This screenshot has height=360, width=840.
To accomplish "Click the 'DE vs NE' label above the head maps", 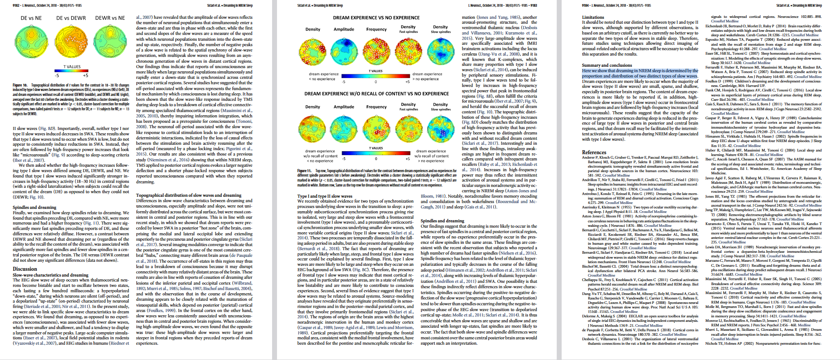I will (x=31, y=18).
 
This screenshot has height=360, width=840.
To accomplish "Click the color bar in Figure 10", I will (x=72, y=71).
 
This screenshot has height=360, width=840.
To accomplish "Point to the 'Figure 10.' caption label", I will (x=20, y=85).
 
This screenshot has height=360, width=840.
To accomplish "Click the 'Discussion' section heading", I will (x=25, y=269).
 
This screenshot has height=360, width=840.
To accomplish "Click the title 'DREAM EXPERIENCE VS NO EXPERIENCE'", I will (x=376, y=18).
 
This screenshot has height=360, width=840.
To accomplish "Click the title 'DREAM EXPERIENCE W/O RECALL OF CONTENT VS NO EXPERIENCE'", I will (x=376, y=94).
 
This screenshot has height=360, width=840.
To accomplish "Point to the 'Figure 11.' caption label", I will (x=304, y=171).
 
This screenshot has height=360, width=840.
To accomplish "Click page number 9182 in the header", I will (x=16, y=5).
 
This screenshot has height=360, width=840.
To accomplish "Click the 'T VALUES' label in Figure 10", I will (x=72, y=67).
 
